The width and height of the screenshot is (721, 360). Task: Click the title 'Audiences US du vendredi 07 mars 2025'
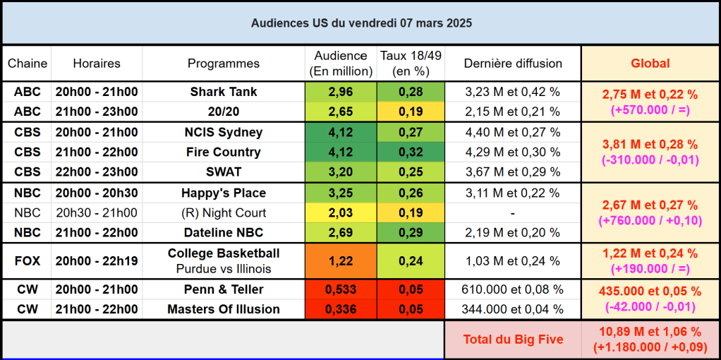pos(361,23)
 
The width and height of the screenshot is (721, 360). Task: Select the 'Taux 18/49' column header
pos(411,64)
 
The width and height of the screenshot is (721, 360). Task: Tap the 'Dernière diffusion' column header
pos(513,64)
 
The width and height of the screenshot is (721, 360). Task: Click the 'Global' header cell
pos(650,64)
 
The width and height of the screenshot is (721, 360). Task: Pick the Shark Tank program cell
pos(224,92)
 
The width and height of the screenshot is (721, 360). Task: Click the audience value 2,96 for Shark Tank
pos(341,92)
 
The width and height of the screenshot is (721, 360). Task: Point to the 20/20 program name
pos(224,112)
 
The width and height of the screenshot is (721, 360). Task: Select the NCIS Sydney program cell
pos(224,133)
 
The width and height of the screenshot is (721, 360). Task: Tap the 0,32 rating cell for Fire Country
pos(411,152)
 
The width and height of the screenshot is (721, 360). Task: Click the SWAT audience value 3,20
pos(341,172)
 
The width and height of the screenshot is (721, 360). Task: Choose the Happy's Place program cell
pos(224,193)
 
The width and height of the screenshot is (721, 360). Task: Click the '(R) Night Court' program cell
pos(224,213)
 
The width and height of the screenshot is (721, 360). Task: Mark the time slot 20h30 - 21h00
pos(97,213)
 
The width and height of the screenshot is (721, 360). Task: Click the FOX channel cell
pos(28,260)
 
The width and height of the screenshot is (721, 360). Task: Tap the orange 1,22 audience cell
pos(341,260)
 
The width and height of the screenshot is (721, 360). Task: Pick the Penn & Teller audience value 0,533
pos(341,289)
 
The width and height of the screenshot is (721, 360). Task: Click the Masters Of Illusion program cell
pos(224,309)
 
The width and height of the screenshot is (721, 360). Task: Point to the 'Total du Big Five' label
pos(513,340)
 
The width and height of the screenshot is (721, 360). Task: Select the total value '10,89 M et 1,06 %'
pos(650,332)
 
